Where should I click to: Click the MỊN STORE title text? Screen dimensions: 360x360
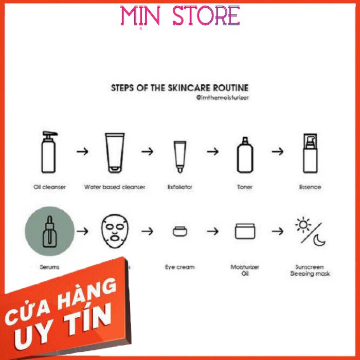pyautogui.click(x=180, y=16)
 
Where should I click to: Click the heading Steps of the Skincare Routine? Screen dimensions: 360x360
pyautogui.click(x=180, y=88)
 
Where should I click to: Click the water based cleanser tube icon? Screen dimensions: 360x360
pyautogui.click(x=114, y=153)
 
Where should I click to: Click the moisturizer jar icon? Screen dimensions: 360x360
pyautogui.click(x=245, y=231)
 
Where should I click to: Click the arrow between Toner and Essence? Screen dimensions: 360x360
pyautogui.click(x=278, y=152)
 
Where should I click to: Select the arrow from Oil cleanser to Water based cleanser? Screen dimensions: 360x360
pyautogui.click(x=82, y=152)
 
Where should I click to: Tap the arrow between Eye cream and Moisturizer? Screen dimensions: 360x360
pyautogui.click(x=212, y=231)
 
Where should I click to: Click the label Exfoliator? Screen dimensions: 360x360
pyautogui.click(x=179, y=187)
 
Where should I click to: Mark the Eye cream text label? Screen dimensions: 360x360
pyautogui.click(x=179, y=267)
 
